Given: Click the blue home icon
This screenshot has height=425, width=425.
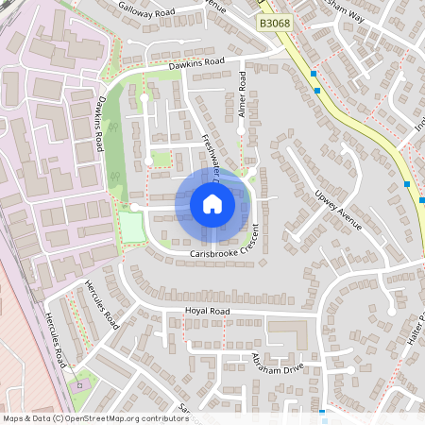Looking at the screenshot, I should pos(212,204).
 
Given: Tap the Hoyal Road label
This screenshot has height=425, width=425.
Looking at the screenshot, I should pos(208,311).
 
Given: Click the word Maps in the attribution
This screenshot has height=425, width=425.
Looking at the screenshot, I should pos(14,417).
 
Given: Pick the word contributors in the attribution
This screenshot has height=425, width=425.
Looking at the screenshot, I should pos(160,417).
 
